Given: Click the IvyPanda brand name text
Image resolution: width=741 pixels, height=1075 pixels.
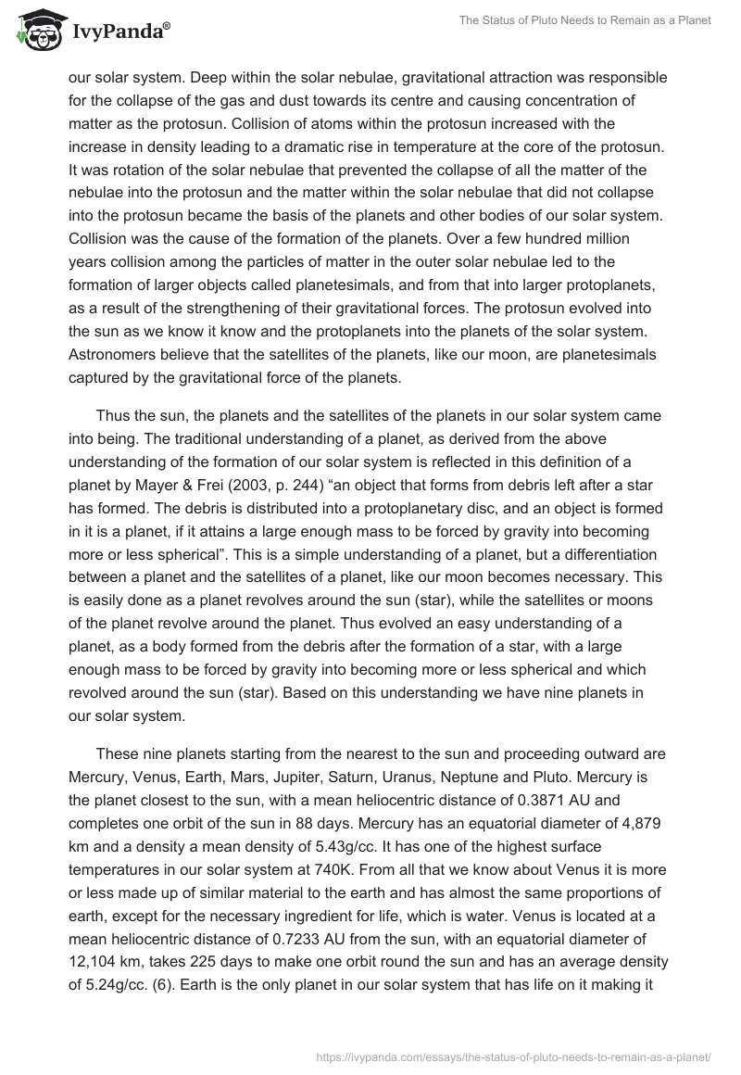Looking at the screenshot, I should click(119, 31).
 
